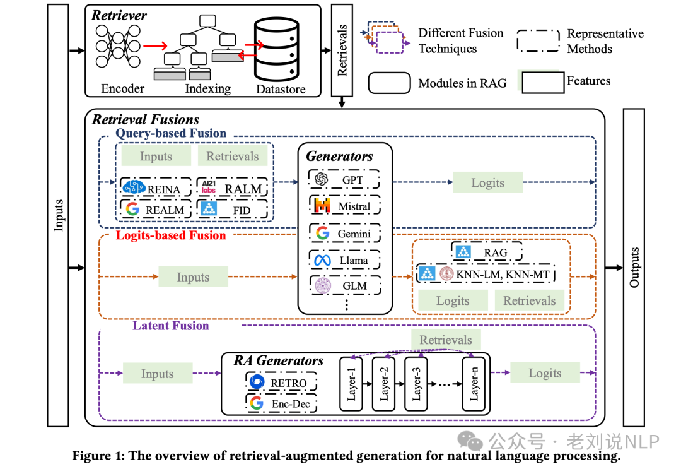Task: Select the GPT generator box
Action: [x=345, y=179]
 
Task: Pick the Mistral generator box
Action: [x=345, y=206]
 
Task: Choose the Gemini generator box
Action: [x=345, y=233]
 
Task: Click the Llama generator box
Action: [x=345, y=259]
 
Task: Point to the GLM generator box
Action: [x=345, y=285]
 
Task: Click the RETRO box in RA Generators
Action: [x=281, y=383]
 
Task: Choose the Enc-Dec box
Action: [x=281, y=403]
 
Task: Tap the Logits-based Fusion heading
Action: [x=171, y=235]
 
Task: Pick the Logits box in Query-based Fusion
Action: [x=487, y=183]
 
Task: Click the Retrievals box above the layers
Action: [x=446, y=340]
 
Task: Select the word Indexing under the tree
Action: [x=207, y=88]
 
